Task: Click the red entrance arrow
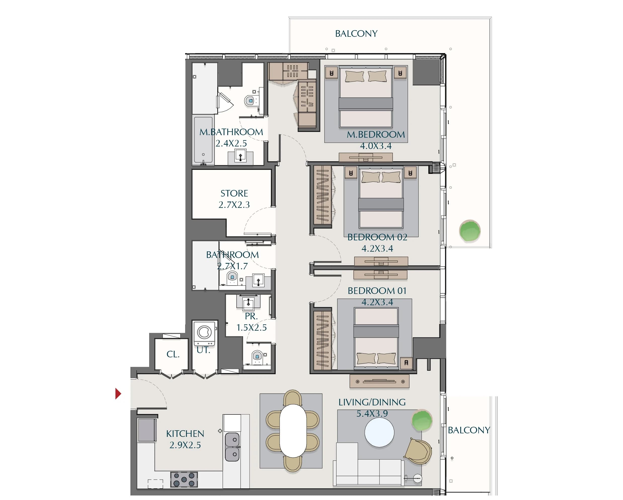(x=118, y=394)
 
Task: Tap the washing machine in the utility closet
(x=204, y=333)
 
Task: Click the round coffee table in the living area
(x=379, y=433)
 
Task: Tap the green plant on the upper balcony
(x=470, y=231)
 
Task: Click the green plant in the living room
(x=422, y=420)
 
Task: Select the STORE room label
(x=234, y=193)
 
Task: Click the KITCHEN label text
(x=185, y=434)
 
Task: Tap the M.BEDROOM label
(x=376, y=134)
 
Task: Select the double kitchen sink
(x=232, y=447)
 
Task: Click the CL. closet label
(x=173, y=354)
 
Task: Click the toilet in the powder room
(x=257, y=358)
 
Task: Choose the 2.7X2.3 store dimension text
(x=234, y=205)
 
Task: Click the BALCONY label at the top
(x=356, y=33)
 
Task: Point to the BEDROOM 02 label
(x=377, y=237)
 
